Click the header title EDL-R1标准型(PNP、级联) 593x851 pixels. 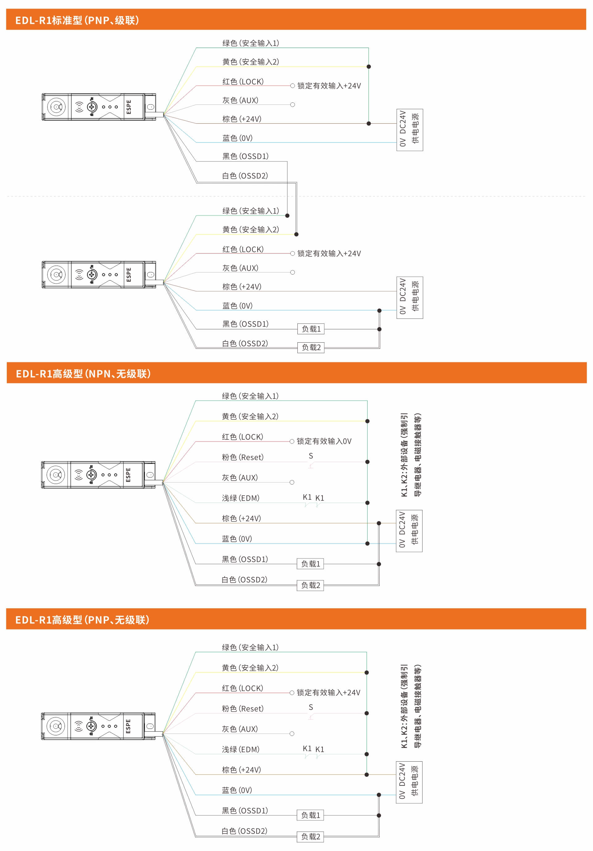[77, 20]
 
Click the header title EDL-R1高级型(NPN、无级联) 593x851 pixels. [83, 373]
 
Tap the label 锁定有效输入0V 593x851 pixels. [324, 441]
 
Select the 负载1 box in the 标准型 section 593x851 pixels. [311, 329]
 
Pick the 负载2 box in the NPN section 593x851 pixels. [310, 585]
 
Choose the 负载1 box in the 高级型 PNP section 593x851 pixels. [310, 815]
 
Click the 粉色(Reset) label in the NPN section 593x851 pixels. [243, 457]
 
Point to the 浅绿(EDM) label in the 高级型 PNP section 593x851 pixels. [241, 749]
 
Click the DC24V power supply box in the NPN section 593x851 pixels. [409, 531]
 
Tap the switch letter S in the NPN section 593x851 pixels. [311, 455]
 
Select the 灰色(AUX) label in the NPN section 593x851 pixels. [240, 477]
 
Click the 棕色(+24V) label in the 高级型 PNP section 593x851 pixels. [241, 769]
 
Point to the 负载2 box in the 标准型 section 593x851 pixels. [311, 347]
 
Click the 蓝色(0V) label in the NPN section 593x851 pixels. [237, 539]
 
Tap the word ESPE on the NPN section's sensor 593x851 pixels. [128, 475]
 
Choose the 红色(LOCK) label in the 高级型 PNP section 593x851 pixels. [242, 688]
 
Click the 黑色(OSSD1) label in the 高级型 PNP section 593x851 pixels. [245, 810]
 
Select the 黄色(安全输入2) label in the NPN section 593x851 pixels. [250, 416]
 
